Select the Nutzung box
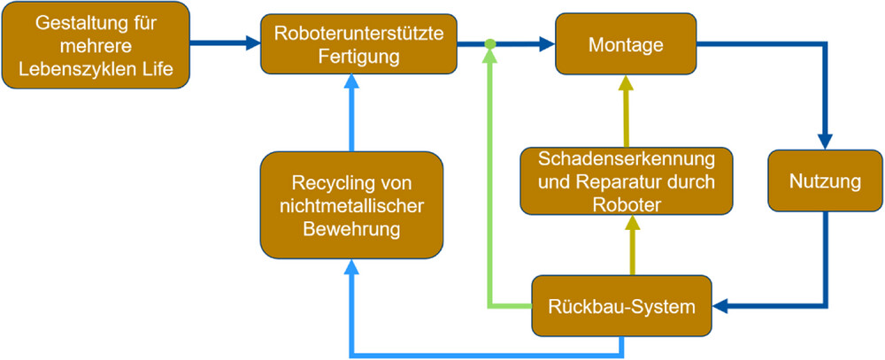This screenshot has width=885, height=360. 824,183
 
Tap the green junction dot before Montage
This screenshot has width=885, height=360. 489,43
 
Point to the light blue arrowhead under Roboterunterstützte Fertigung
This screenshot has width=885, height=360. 350,82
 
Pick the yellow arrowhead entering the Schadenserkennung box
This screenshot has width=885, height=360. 632,223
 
